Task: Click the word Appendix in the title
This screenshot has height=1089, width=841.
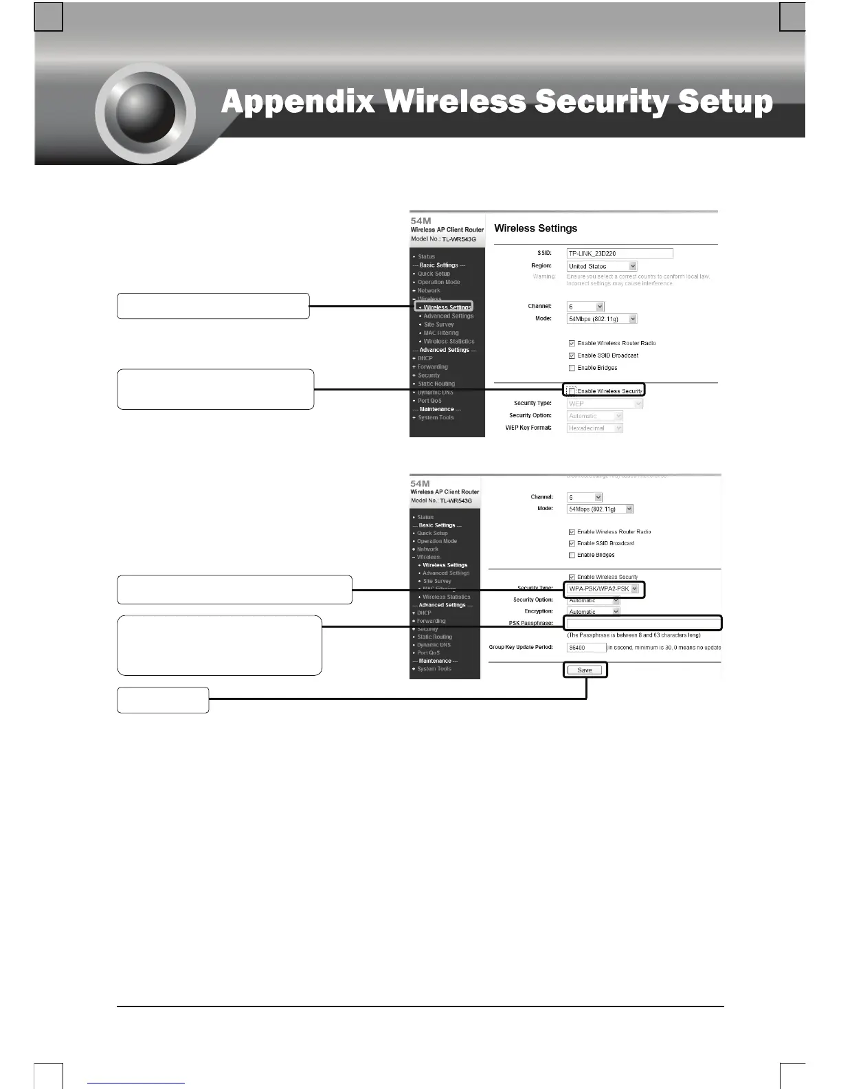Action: pyautogui.click(x=298, y=102)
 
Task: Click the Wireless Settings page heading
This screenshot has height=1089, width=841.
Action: pyautogui.click(x=535, y=228)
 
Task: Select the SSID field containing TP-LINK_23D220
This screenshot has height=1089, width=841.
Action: pyautogui.click(x=619, y=254)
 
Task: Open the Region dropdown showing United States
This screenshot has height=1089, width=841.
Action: pyautogui.click(x=602, y=266)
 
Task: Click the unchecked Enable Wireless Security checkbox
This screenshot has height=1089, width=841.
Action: pyautogui.click(x=572, y=391)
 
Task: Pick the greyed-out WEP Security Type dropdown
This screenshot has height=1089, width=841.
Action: pyautogui.click(x=605, y=404)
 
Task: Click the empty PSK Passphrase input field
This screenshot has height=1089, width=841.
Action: pyautogui.click(x=643, y=624)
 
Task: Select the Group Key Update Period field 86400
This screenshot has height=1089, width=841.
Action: pyautogui.click(x=586, y=648)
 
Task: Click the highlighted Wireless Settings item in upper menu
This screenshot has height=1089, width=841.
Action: pyautogui.click(x=447, y=307)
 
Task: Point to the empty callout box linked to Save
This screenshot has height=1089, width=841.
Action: pyautogui.click(x=163, y=700)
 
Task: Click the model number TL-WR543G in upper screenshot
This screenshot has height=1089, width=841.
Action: pyautogui.click(x=458, y=239)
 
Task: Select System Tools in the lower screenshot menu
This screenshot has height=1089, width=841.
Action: pyautogui.click(x=434, y=669)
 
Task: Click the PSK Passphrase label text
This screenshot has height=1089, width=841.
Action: pyautogui.click(x=530, y=624)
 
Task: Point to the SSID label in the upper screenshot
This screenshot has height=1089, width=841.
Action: pyautogui.click(x=544, y=254)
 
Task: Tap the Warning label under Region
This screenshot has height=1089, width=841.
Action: pyautogui.click(x=543, y=276)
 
